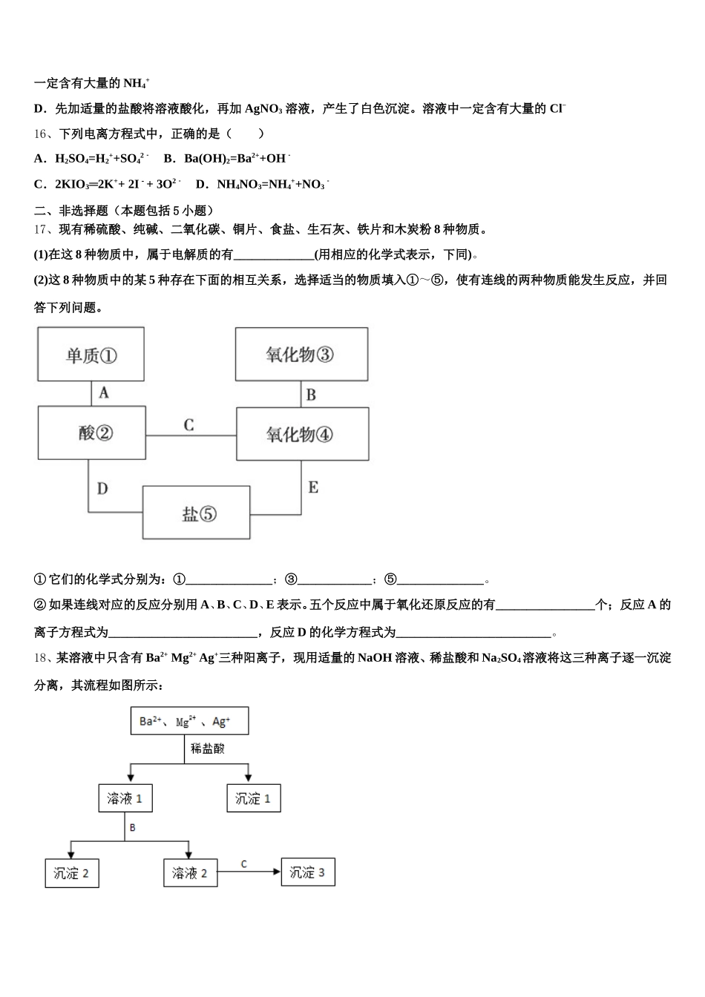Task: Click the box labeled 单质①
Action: [91, 355]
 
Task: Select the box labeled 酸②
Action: [92, 433]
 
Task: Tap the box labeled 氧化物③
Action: [301, 355]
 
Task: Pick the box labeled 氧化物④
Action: [302, 434]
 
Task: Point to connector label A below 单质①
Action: [104, 392]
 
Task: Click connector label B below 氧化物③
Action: [311, 395]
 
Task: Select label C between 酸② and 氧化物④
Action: [188, 424]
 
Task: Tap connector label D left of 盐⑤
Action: [102, 487]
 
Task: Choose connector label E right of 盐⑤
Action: [313, 487]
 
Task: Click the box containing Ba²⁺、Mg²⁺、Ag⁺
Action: [189, 721]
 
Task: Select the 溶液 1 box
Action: [125, 798]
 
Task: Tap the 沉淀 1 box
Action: [253, 798]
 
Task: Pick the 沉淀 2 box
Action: [72, 873]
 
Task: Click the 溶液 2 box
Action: [190, 873]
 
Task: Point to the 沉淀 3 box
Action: [307, 872]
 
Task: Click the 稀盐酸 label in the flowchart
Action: [207, 748]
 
